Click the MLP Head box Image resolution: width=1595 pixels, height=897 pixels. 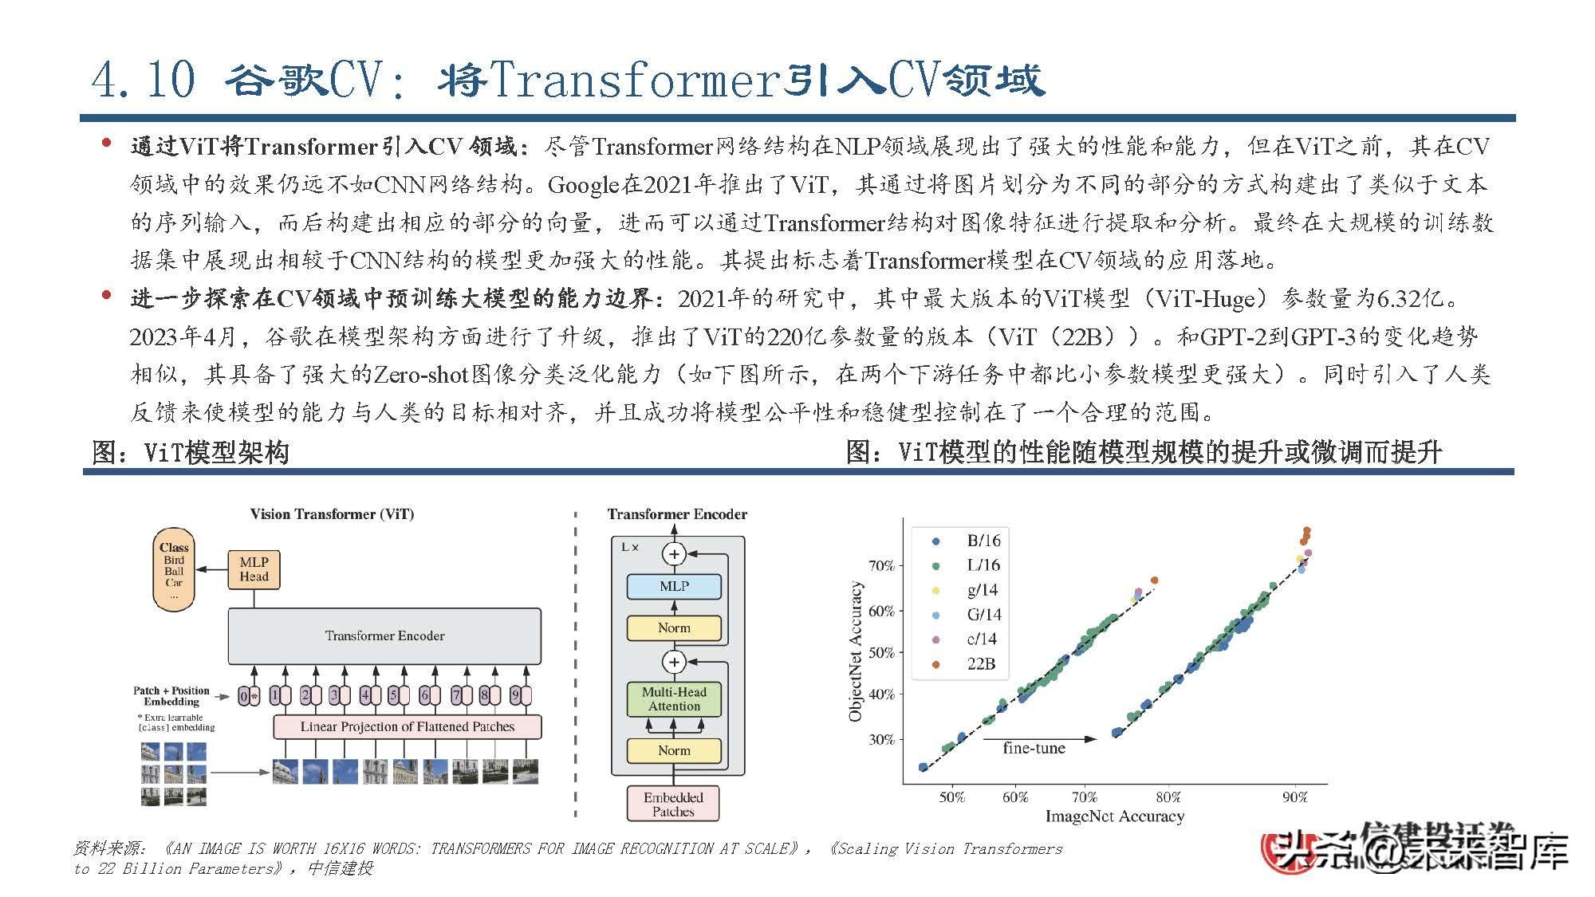[x=254, y=569]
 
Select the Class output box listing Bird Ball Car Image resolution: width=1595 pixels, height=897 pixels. [x=174, y=569]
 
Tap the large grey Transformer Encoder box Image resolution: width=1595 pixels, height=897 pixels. [x=384, y=636]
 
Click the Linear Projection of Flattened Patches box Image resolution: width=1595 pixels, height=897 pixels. [x=407, y=726]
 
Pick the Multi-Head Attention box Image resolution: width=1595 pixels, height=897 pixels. [x=674, y=699]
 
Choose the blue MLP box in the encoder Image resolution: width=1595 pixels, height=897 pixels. [x=674, y=586]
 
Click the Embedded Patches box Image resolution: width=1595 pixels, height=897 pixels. [x=673, y=804]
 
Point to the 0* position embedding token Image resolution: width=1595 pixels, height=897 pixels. [x=248, y=696]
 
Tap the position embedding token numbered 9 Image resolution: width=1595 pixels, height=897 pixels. [x=515, y=695]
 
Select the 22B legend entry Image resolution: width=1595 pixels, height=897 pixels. [x=980, y=663]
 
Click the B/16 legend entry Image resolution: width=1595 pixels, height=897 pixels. [x=983, y=541]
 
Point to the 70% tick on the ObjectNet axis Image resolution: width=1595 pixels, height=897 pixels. [x=881, y=566]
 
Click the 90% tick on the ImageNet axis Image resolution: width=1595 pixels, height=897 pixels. [x=1294, y=797]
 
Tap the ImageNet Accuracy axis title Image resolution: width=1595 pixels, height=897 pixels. [x=1114, y=816]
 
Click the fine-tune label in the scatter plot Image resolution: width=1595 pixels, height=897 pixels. [x=1034, y=748]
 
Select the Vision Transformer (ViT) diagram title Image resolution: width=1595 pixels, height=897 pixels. [x=332, y=514]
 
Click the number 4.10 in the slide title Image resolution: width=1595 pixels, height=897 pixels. [x=144, y=80]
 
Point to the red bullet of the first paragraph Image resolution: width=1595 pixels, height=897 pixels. [x=106, y=144]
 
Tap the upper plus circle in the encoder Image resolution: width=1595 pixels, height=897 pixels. [x=675, y=553]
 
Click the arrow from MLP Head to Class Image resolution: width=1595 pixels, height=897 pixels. [x=211, y=569]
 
